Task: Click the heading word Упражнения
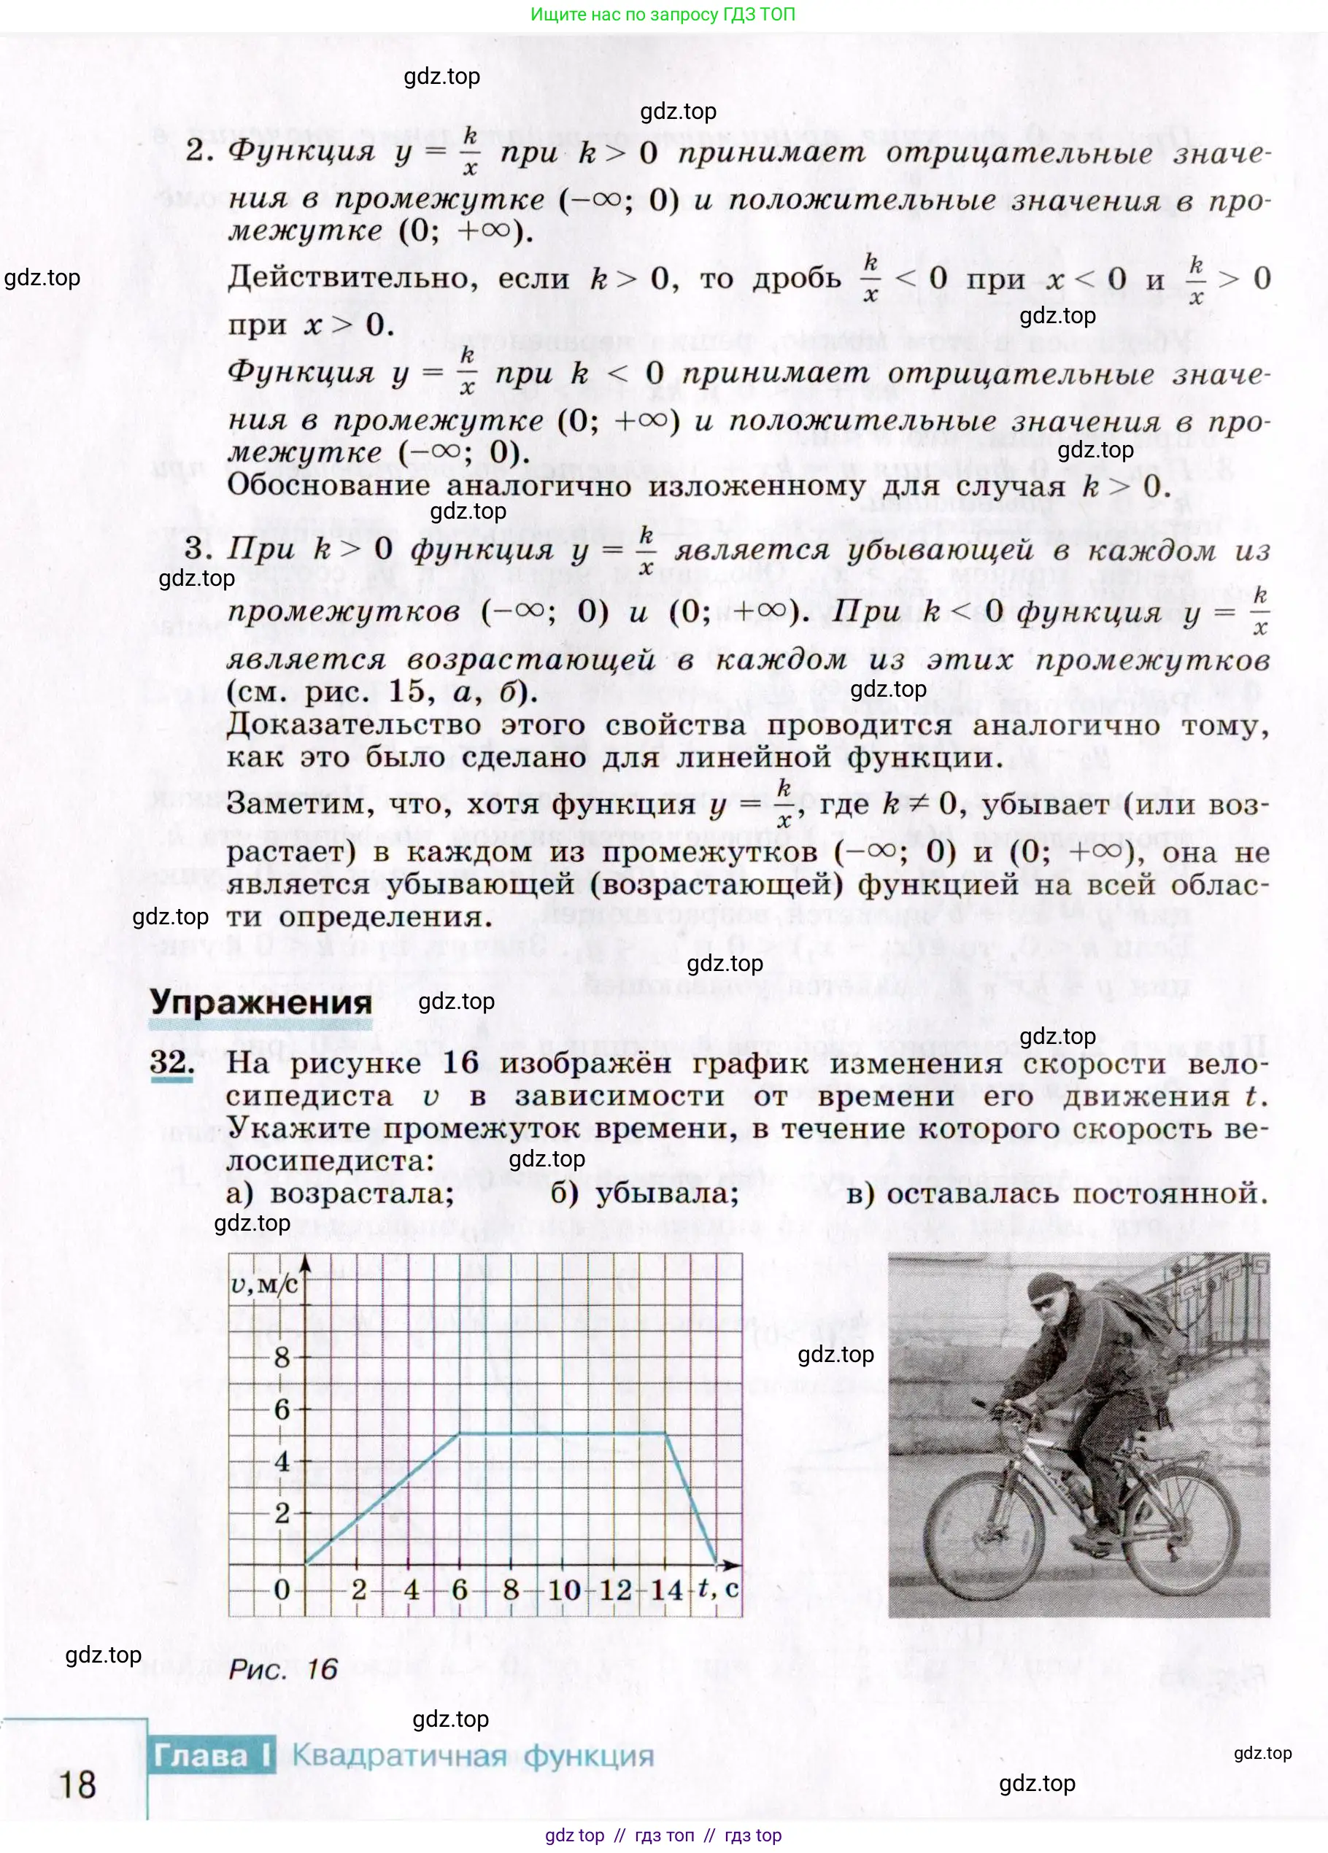click(260, 1002)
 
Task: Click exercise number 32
click(171, 1063)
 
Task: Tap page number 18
click(77, 1784)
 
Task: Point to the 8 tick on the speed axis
click(282, 1358)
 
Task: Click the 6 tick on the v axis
click(282, 1409)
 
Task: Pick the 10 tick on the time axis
click(564, 1590)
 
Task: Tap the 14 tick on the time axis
click(666, 1590)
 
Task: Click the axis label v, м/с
click(263, 1286)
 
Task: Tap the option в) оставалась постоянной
click(1057, 1194)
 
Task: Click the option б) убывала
click(645, 1194)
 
